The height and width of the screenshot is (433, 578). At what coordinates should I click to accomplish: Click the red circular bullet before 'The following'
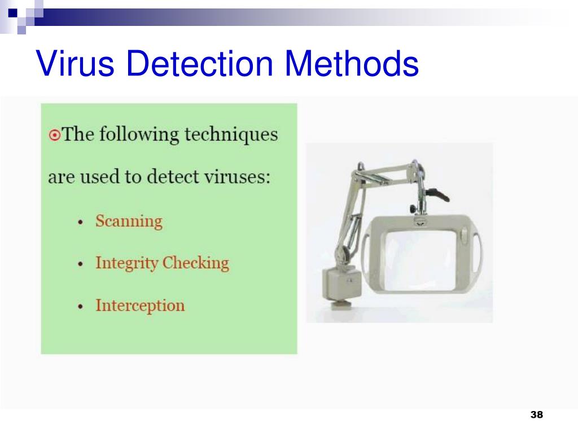54,135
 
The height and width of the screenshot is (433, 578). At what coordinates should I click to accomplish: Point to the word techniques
233,135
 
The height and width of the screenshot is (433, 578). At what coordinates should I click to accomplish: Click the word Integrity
126,263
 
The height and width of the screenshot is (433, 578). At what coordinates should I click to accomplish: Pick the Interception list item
140,306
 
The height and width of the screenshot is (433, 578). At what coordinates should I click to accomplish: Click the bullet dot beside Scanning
81,222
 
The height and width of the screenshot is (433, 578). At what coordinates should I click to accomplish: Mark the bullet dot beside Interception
81,306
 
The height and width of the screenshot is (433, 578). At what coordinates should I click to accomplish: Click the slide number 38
536,415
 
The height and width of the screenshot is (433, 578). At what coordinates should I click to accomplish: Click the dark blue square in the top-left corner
11,10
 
